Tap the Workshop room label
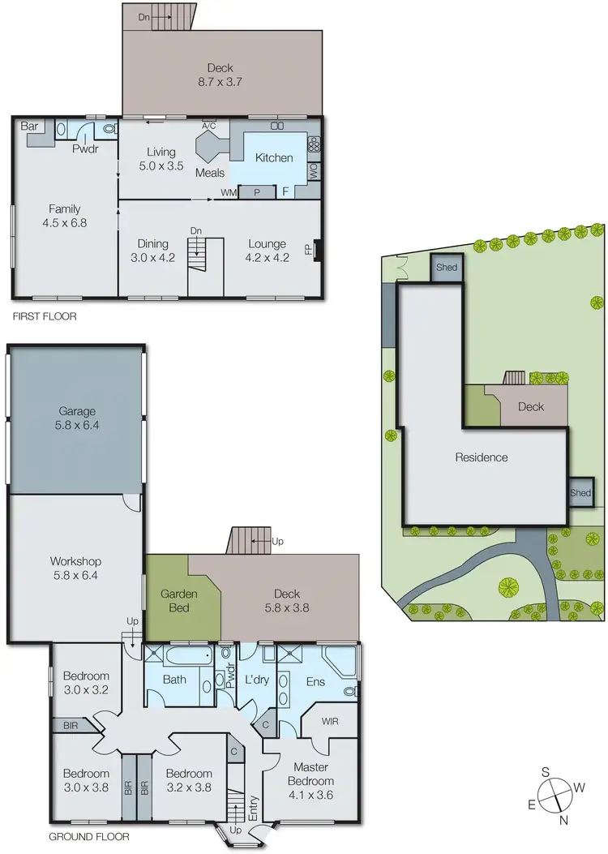click(x=78, y=567)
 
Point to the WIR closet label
click(x=329, y=719)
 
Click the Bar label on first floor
click(x=30, y=127)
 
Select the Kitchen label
click(x=274, y=157)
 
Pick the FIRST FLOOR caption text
click(x=44, y=316)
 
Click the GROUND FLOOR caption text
click(x=88, y=836)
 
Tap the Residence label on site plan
click(x=481, y=457)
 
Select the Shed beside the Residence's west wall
click(x=580, y=492)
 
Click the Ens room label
click(x=315, y=681)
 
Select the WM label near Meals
click(x=229, y=193)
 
